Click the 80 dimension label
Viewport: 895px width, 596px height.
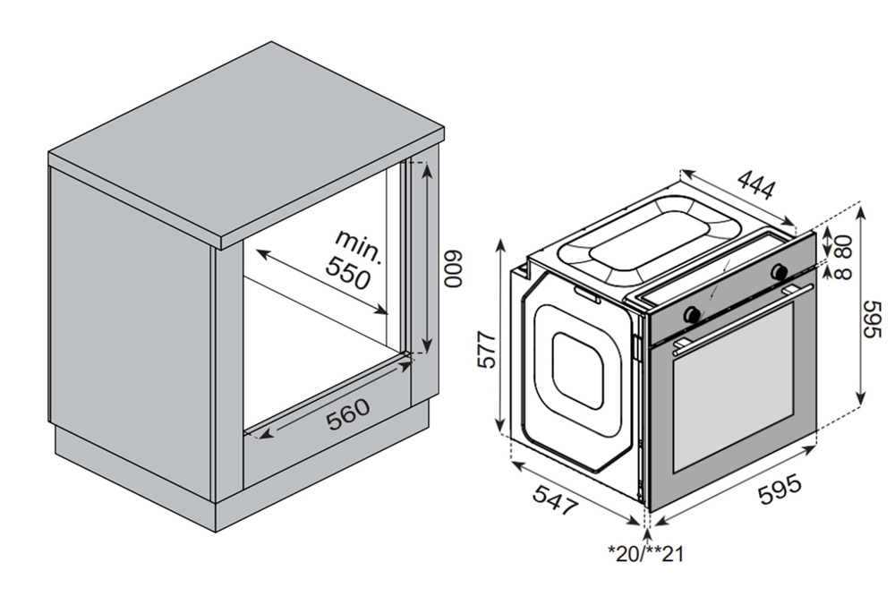click(844, 243)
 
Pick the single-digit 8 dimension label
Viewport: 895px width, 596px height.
click(844, 270)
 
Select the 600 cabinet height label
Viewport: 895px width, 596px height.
click(454, 268)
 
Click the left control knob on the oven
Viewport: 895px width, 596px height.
click(692, 313)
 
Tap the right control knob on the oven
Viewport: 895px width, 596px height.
click(780, 270)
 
